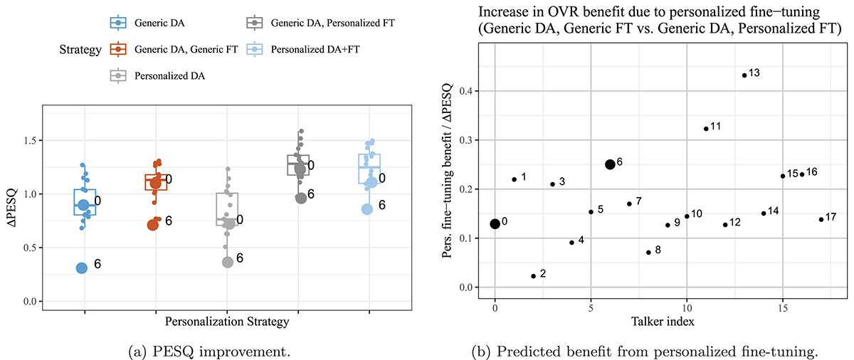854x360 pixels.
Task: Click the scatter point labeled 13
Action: tap(744, 75)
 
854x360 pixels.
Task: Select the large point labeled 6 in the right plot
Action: tap(610, 164)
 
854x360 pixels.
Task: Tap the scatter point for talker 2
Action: tap(533, 276)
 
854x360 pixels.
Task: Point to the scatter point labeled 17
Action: tap(821, 219)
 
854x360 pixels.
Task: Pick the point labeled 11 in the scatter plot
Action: tap(705, 129)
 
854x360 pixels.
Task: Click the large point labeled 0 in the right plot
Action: tap(495, 223)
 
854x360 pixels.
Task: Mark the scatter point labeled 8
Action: tap(648, 252)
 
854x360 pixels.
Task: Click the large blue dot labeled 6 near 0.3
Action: tap(82, 268)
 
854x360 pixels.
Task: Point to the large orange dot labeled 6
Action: tap(153, 224)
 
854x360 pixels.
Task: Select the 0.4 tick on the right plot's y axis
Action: tap(470, 92)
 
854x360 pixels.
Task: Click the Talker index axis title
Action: tap(663, 322)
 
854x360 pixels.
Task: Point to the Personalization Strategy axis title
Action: tap(227, 322)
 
